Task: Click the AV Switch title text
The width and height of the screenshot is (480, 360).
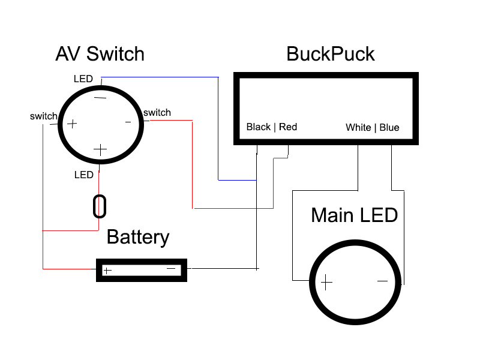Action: (100, 54)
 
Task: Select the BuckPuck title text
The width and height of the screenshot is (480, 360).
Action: (330, 54)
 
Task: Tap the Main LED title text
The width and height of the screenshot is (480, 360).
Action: (354, 215)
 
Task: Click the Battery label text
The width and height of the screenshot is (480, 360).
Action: (137, 237)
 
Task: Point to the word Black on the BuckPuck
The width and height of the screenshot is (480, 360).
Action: (259, 127)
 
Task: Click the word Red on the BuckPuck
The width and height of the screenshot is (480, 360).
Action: (288, 127)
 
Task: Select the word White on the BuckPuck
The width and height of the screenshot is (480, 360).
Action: (358, 127)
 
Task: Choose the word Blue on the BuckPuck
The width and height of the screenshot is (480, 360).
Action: (389, 127)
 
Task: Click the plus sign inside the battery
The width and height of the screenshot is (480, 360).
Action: (107, 271)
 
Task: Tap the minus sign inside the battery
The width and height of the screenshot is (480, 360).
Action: (171, 269)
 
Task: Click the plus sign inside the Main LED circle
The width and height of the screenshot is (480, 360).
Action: (326, 282)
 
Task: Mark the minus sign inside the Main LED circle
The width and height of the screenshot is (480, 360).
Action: (382, 280)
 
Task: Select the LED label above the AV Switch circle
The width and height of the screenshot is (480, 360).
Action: (83, 79)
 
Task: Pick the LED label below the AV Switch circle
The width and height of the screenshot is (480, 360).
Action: (83, 175)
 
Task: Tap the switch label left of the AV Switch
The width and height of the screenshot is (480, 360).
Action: (43, 116)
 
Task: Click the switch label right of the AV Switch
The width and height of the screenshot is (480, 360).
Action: (157, 112)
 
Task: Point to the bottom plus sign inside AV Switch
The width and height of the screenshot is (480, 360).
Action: (100, 149)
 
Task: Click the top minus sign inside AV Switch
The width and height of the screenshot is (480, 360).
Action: (100, 97)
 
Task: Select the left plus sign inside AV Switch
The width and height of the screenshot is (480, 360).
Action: (72, 124)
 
